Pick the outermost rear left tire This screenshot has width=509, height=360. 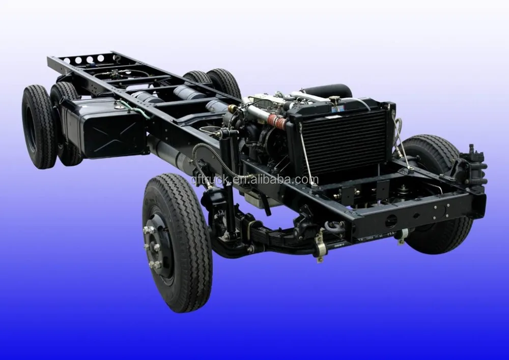tap(38, 127)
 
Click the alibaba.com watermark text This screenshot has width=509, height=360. tap(254, 180)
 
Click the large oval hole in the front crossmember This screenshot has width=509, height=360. tap(391, 220)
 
